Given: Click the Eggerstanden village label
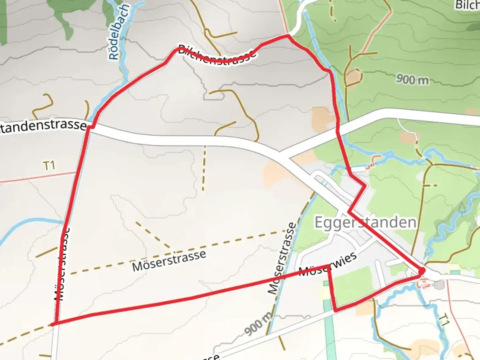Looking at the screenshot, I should click(365, 223).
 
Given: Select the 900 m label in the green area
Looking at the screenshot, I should click(412, 79).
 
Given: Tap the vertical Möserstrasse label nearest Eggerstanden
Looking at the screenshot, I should click(282, 259).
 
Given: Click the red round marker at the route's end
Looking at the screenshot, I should click(421, 271).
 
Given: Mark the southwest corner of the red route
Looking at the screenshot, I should click(53, 324).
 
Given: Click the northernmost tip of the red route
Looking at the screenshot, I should click(287, 35).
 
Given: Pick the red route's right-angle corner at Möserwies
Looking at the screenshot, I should click(329, 266).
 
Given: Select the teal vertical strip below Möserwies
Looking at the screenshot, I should click(328, 320).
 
